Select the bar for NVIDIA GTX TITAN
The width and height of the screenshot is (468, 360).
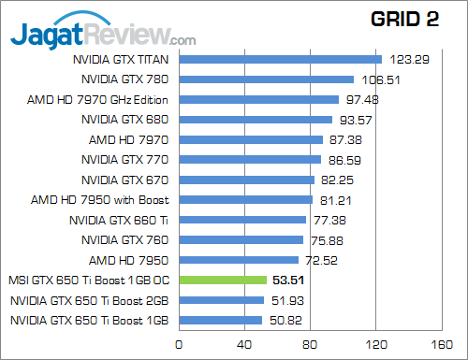(x=279, y=60)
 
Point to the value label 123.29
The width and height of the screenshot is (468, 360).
(x=409, y=60)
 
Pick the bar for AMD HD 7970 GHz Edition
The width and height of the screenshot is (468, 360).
(x=257, y=100)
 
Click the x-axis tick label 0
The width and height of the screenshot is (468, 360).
(x=177, y=343)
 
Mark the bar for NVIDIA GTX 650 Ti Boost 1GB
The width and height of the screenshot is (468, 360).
(x=219, y=320)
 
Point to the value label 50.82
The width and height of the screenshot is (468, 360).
(x=286, y=320)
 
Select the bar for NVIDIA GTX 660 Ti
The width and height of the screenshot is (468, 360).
(x=241, y=220)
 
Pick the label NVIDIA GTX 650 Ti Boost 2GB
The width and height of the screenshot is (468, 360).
(x=90, y=300)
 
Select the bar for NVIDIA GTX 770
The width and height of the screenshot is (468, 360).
(x=249, y=160)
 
